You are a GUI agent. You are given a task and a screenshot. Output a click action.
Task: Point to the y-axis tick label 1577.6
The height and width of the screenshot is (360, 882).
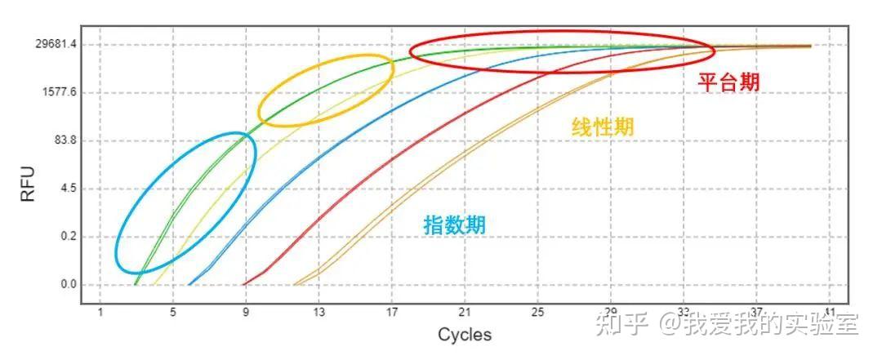(57, 92)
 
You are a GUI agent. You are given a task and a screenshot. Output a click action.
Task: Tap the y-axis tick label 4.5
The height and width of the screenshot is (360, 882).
(67, 189)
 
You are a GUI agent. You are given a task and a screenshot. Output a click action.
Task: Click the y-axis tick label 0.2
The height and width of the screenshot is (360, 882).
(67, 237)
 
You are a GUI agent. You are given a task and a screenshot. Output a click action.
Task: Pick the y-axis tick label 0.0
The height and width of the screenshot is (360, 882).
(67, 285)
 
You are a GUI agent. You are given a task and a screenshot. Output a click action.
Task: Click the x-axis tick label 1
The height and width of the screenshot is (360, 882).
(100, 311)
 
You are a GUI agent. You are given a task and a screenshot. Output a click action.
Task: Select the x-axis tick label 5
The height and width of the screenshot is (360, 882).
(173, 311)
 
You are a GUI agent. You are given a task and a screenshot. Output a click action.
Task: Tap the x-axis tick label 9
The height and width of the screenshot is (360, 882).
(246, 311)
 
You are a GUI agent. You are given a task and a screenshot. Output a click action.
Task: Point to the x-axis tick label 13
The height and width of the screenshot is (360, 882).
(319, 311)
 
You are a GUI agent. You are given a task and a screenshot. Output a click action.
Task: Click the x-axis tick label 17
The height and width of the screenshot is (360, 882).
(392, 311)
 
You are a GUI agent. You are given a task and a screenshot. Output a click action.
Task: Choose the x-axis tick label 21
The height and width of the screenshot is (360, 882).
(465, 311)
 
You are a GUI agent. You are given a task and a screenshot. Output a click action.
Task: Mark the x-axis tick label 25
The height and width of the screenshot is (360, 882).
(537, 311)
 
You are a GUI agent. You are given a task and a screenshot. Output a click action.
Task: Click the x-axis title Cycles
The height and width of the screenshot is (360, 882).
(465, 335)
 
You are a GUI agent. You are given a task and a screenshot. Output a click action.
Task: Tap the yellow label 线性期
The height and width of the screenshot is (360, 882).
(603, 127)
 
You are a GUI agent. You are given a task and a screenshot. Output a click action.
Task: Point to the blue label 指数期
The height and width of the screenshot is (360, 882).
(454, 224)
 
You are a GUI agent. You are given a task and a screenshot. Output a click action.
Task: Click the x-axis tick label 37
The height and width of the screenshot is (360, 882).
(756, 311)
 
